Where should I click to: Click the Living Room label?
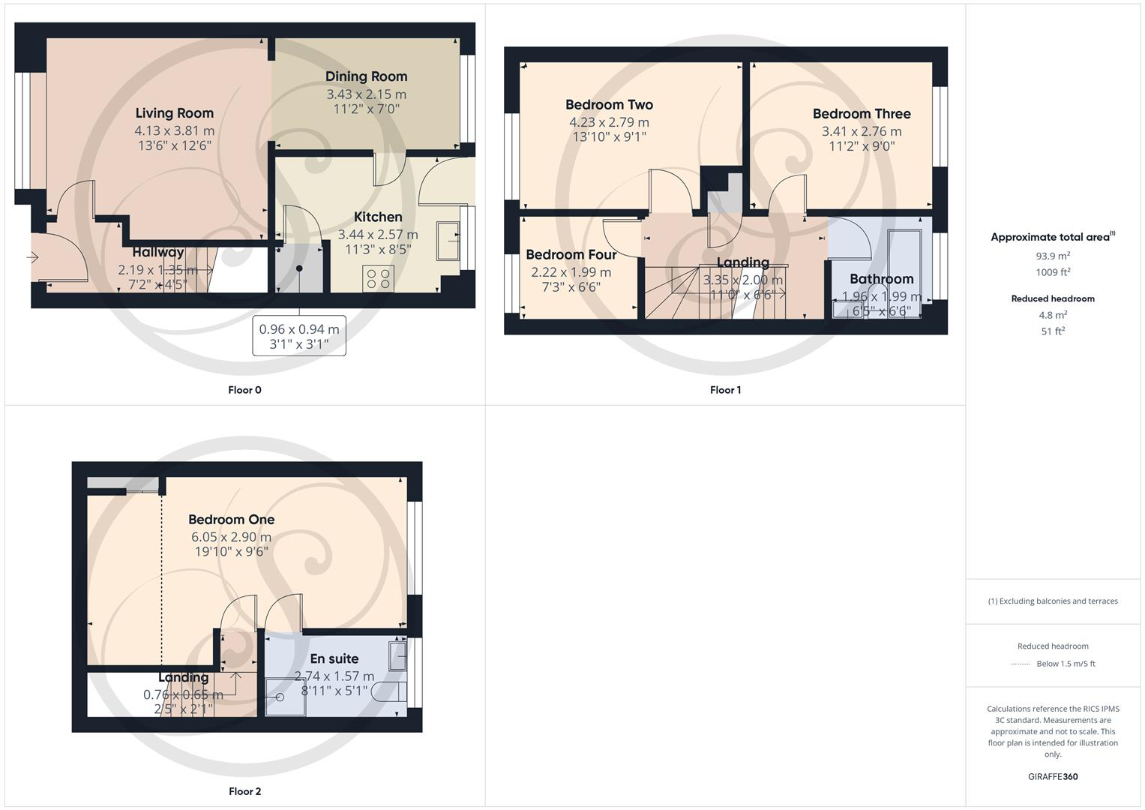tap(174, 113)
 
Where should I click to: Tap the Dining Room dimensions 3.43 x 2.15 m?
tap(366, 94)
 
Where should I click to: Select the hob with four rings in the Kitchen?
tap(379, 278)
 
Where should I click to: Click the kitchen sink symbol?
tap(448, 241)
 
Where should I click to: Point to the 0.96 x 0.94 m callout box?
tap(299, 336)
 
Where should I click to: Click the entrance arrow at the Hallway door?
tap(32, 258)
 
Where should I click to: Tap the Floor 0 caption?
tap(244, 390)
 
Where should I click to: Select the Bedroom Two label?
tap(609, 105)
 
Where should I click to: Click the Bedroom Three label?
tap(862, 114)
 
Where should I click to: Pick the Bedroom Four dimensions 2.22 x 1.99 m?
tap(571, 272)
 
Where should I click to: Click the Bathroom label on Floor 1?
tap(881, 279)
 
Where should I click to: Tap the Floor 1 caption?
tap(725, 390)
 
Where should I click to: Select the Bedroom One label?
tap(231, 520)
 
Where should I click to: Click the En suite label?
tap(334, 659)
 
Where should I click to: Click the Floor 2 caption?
tap(244, 791)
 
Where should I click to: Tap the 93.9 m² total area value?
tap(1053, 256)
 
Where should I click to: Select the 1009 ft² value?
tap(1053, 272)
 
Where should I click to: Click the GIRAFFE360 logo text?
tap(1053, 777)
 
